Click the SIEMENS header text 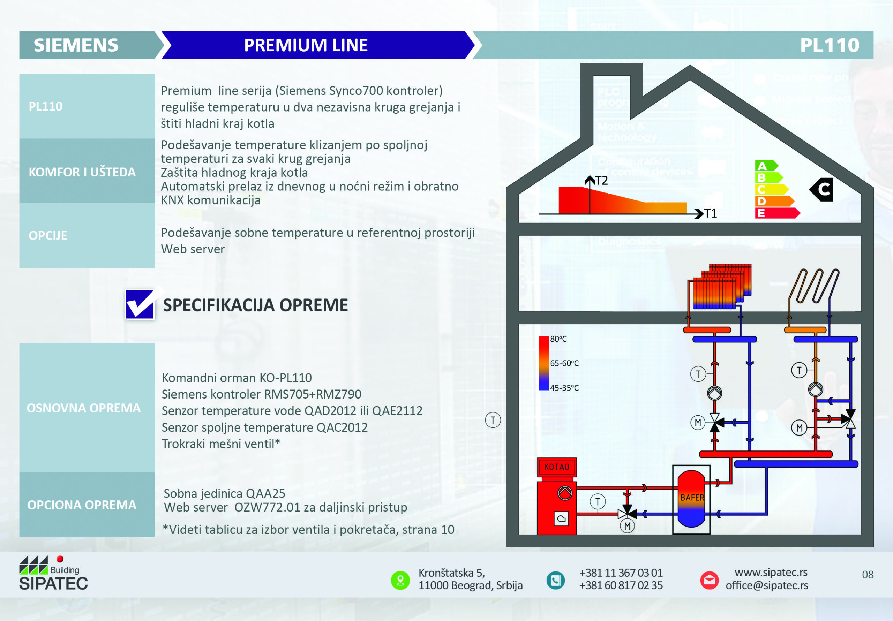76,45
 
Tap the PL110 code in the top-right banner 830,45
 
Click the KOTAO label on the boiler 557,467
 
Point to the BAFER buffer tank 691,499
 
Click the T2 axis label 601,180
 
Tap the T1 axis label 710,213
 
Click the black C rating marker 821,189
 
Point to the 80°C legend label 558,339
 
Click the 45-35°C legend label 564,388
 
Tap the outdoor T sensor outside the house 493,420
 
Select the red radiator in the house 720,287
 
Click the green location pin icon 400,580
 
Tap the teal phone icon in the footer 555,580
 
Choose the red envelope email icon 710,580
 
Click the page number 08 868,574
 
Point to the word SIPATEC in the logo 54,583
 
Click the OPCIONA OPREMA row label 82,505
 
